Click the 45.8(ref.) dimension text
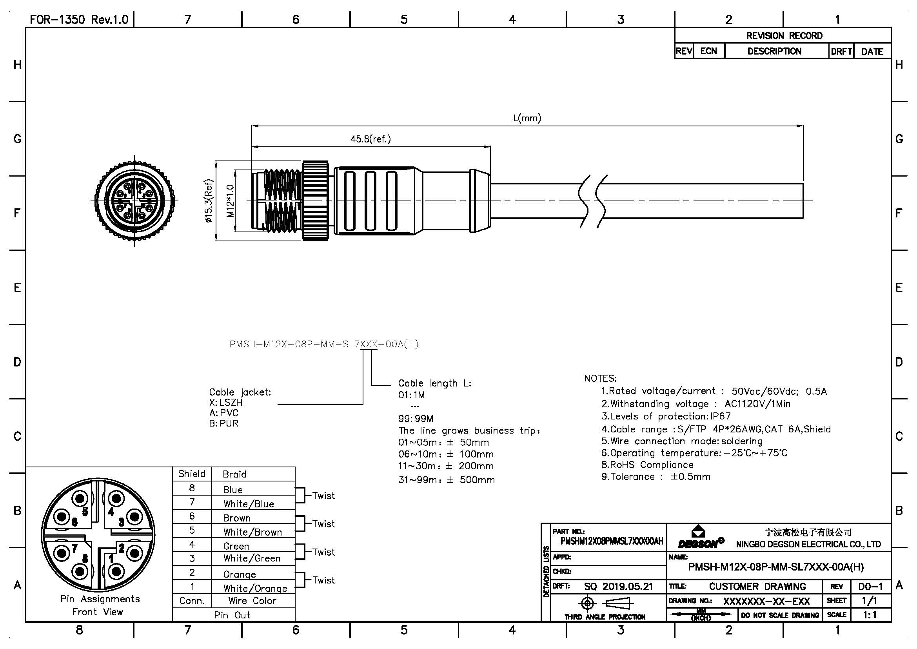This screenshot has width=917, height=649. (370, 139)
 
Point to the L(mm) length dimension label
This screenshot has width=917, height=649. (527, 118)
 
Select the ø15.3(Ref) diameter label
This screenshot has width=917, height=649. (209, 201)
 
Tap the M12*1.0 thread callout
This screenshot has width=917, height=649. (231, 201)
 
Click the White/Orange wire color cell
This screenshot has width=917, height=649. (255, 588)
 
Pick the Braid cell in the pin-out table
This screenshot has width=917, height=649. (234, 474)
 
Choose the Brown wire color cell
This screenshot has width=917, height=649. (237, 518)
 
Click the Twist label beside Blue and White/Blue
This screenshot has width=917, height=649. (323, 496)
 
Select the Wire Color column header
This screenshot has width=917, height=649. (252, 601)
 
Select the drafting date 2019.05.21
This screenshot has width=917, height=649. (627, 587)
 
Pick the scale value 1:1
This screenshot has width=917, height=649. (870, 615)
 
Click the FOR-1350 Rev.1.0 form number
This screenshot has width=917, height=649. (79, 20)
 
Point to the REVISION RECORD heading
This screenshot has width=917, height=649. (784, 36)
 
